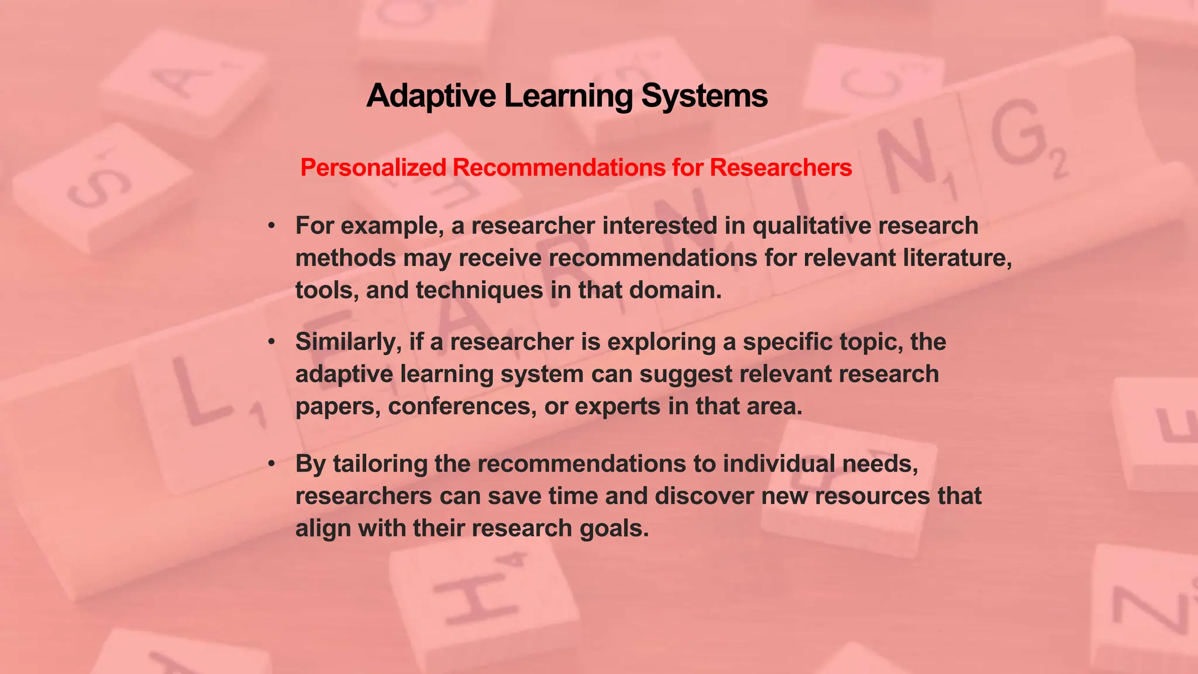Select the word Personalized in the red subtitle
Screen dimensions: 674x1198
tap(373, 168)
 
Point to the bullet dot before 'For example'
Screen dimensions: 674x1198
tap(271, 226)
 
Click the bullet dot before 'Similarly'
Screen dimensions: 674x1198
tap(271, 342)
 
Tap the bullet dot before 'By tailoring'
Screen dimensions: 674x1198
tap(271, 463)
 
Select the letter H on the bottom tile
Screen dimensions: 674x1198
tap(477, 597)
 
